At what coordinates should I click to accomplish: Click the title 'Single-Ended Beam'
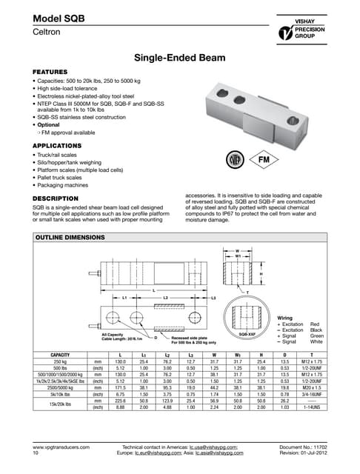point(179,57)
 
